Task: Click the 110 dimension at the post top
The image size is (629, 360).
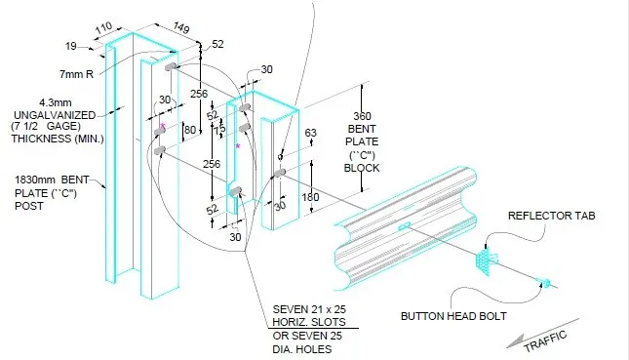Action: click(x=105, y=26)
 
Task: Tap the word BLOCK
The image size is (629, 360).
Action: click(x=361, y=167)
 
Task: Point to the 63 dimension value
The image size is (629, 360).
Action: click(x=311, y=133)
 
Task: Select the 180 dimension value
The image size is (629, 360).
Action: click(x=310, y=198)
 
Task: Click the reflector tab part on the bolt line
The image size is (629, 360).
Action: click(x=486, y=261)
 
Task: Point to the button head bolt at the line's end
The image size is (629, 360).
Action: click(x=546, y=283)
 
